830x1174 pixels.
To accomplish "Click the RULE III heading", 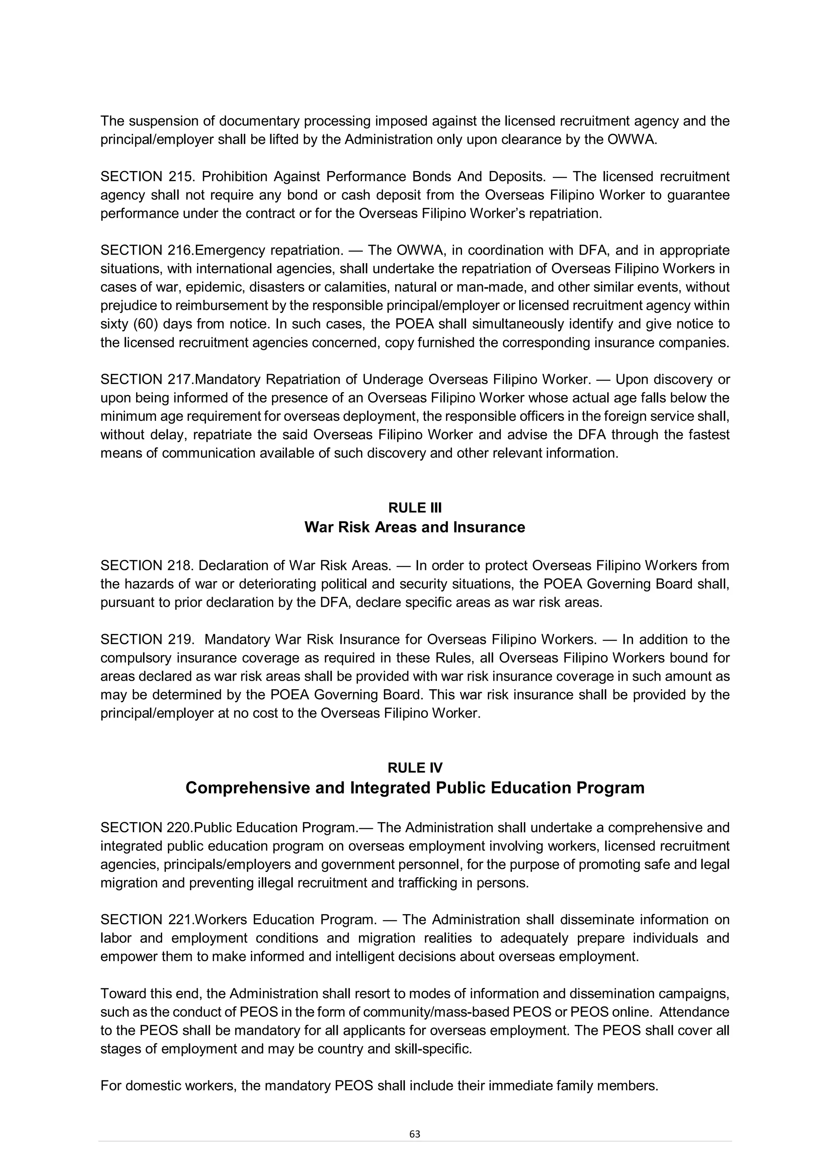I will [x=415, y=508].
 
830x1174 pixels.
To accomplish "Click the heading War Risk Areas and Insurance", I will [x=415, y=527].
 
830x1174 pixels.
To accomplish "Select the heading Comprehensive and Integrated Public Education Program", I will [x=415, y=788].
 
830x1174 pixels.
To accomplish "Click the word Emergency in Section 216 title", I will [x=230, y=251].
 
